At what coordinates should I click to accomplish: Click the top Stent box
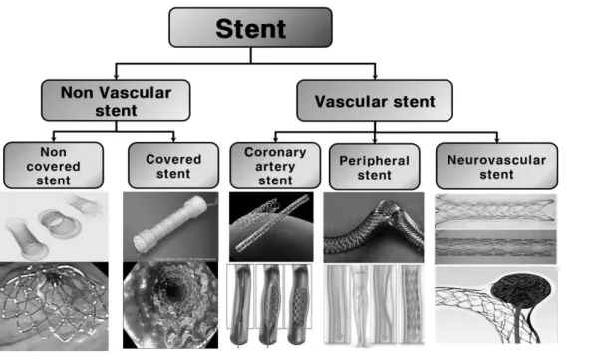[x=250, y=28]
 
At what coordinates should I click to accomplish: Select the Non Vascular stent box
[x=116, y=100]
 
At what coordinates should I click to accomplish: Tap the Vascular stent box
[x=375, y=101]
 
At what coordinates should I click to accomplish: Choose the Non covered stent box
[x=53, y=166]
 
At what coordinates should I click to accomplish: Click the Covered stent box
[x=173, y=166]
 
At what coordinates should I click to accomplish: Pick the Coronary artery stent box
[x=275, y=166]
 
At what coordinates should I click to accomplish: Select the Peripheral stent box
[x=375, y=167]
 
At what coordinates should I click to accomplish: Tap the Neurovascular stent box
[x=497, y=167]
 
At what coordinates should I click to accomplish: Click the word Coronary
[x=275, y=152]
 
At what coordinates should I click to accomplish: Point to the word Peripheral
[x=375, y=161]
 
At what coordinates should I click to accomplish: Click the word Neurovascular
[x=497, y=160]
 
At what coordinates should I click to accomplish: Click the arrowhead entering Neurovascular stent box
[x=497, y=140]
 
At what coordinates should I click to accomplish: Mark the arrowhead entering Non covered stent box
[x=53, y=139]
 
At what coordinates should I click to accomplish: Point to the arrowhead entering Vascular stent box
[x=375, y=77]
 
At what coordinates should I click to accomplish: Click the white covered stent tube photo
[x=170, y=224]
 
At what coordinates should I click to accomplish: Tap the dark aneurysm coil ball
[x=521, y=289]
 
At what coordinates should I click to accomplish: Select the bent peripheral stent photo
[x=374, y=227]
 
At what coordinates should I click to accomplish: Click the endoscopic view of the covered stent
[x=170, y=305]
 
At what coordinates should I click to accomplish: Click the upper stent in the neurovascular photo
[x=495, y=210]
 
